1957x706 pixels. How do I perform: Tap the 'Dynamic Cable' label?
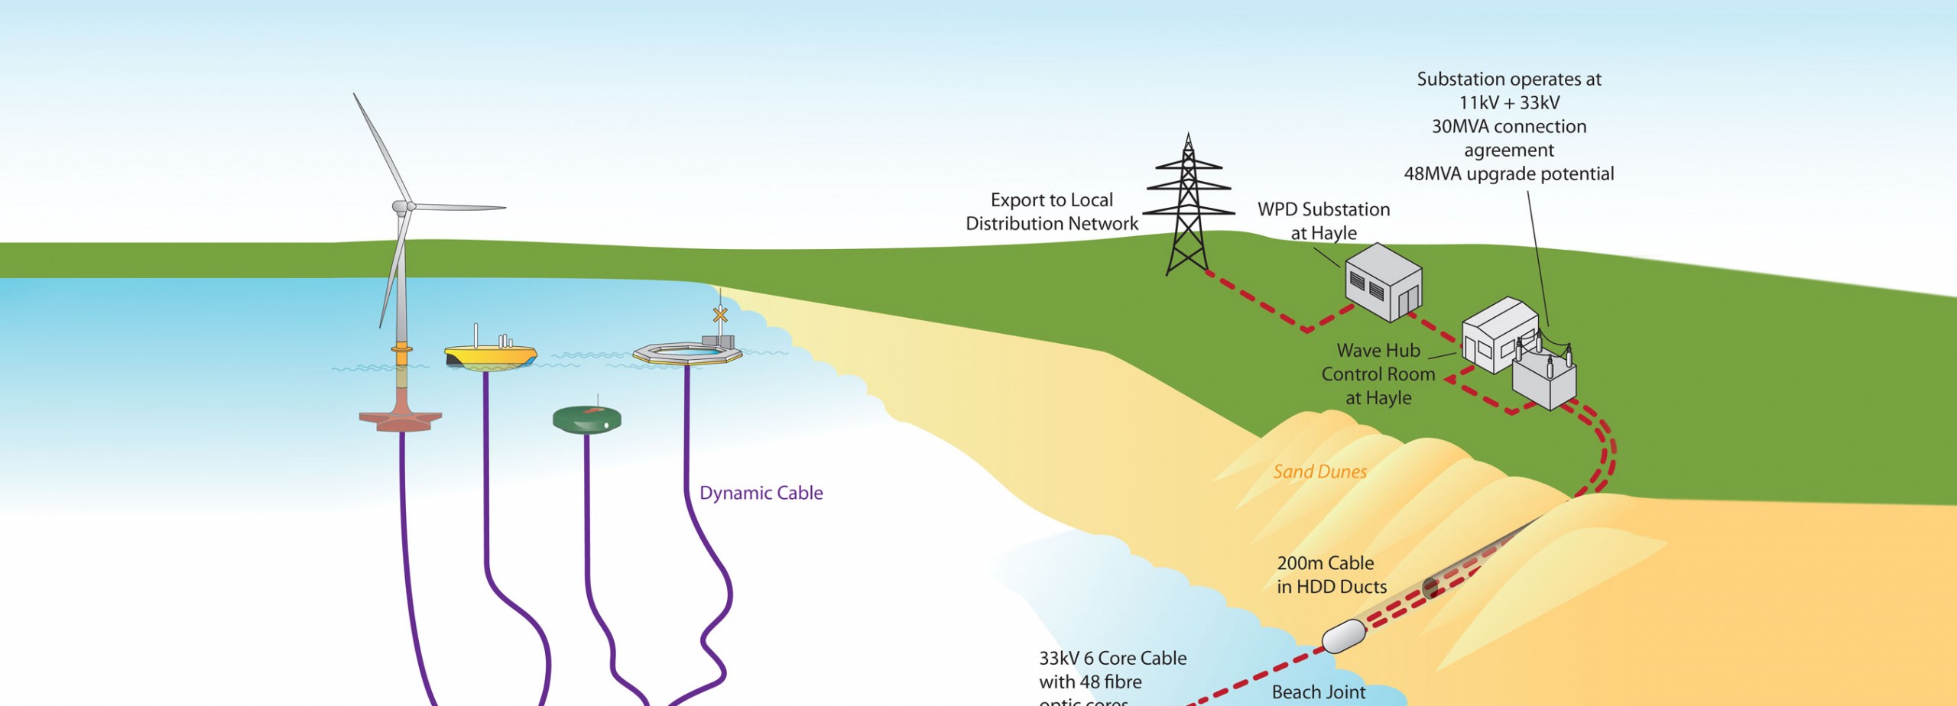tap(761, 494)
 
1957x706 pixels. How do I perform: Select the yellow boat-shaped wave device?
tap(491, 355)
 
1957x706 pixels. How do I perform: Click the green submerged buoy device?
tap(586, 419)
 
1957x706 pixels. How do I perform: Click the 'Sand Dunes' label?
tap(1320, 472)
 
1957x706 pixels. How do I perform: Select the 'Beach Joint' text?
tap(1319, 692)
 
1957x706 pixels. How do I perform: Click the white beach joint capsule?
tap(1344, 636)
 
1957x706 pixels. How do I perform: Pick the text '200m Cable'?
tap(1326, 563)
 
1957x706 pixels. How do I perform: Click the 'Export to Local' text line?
tap(1052, 200)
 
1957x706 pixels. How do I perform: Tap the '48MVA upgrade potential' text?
tap(1509, 174)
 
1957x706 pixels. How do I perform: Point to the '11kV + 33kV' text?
tap(1509, 103)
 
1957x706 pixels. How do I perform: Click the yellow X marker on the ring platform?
tap(719, 314)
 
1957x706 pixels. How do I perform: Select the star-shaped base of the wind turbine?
tap(401, 419)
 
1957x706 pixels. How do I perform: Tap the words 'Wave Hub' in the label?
tap(1378, 351)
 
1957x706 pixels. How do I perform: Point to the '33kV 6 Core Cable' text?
tap(1113, 659)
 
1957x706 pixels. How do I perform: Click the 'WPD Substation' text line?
tap(1324, 209)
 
